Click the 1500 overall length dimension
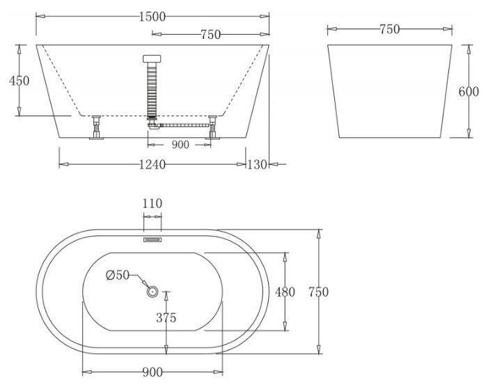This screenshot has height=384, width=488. pyautogui.click(x=152, y=17)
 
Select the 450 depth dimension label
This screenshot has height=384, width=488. pyautogui.click(x=19, y=81)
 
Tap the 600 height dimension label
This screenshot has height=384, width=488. pyautogui.click(x=469, y=91)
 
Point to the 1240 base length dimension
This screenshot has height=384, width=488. pyautogui.click(x=152, y=164)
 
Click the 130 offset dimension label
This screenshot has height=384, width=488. pyautogui.click(x=257, y=164)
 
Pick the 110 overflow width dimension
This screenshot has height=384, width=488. pyautogui.click(x=152, y=203)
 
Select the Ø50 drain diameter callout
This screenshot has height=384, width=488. pyautogui.click(x=118, y=275)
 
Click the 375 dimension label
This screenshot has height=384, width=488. pyautogui.click(x=166, y=317)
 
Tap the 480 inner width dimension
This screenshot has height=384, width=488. pyautogui.click(x=285, y=292)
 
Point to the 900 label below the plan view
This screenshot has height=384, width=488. pyautogui.click(x=152, y=372)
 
